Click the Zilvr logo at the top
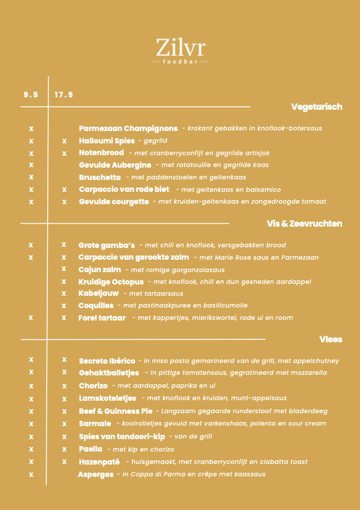[181, 47]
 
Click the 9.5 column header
[31, 94]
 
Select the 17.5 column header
[64, 94]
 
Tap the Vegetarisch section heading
[316, 107]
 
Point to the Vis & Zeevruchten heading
[305, 224]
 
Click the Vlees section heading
[330, 339]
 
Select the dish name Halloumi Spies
[107, 141]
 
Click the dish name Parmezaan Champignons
[128, 128]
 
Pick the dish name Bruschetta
[100, 177]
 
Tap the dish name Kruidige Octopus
[111, 282]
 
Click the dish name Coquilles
[96, 305]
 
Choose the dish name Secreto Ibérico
[107, 361]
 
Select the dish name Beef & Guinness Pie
[116, 411]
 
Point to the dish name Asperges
[96, 474]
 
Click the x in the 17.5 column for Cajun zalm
[64, 269]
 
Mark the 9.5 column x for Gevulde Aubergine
[31, 165]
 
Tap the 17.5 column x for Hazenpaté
[64, 461]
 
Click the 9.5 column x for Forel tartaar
[31, 318]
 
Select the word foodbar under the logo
[181, 61]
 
